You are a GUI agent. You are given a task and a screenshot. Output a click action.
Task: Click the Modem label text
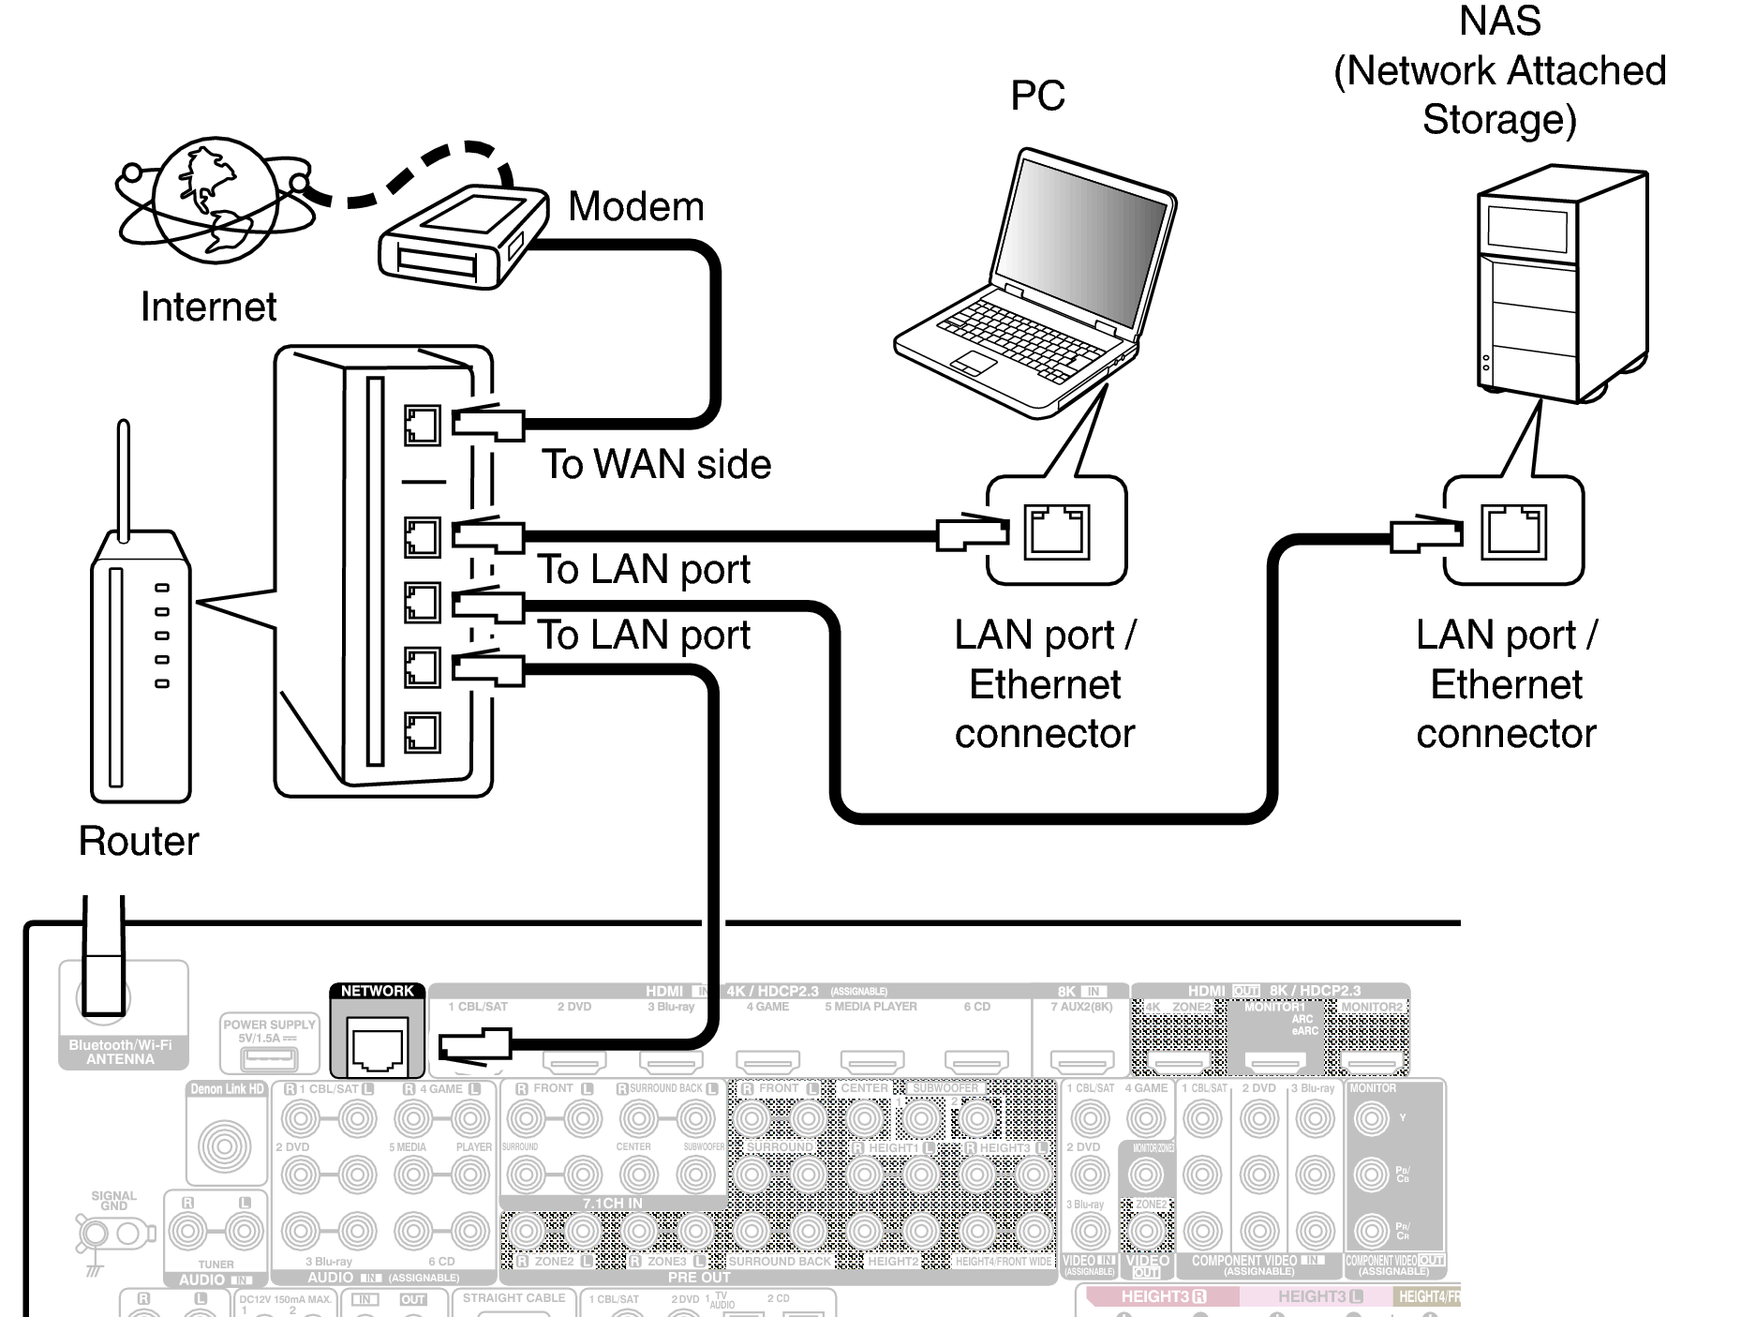tap(635, 206)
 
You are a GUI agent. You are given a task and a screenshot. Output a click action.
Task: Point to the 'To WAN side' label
tap(656, 464)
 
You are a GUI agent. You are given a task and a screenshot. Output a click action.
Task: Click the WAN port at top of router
tap(422, 426)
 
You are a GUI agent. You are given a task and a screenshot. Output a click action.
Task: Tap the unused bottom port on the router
tap(422, 732)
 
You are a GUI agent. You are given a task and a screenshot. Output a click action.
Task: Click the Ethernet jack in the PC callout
tap(1056, 531)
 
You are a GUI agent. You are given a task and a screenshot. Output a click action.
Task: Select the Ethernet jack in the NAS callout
tap(1512, 531)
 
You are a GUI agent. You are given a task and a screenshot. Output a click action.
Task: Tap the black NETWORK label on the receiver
tap(377, 991)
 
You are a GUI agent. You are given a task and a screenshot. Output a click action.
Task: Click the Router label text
tap(139, 841)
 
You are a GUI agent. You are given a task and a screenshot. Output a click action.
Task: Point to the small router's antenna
tap(123, 478)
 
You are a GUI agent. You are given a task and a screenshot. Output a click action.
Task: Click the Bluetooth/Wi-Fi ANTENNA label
tap(121, 1052)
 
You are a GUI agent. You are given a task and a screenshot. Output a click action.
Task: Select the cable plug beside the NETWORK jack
tap(476, 1043)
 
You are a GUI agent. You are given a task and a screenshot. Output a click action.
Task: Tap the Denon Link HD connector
tap(224, 1146)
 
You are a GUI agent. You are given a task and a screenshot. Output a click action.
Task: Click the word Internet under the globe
tap(208, 307)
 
